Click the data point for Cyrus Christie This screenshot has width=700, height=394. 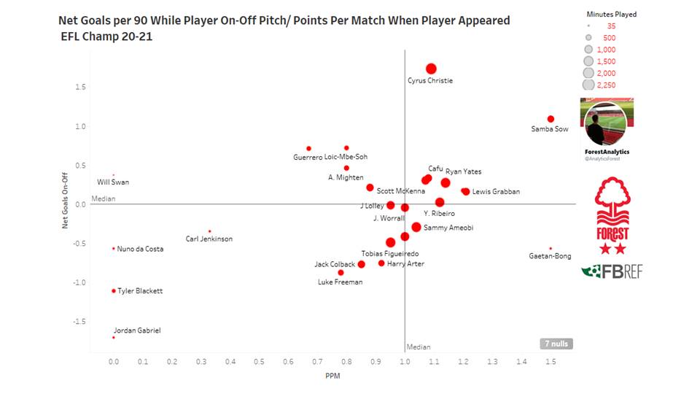click(431, 69)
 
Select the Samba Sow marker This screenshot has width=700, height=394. click(551, 119)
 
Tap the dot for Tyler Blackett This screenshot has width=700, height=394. click(114, 291)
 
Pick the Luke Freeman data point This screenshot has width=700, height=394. click(341, 273)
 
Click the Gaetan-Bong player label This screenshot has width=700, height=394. click(550, 256)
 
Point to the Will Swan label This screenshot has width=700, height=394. click(113, 182)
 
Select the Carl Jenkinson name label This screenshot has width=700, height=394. click(209, 239)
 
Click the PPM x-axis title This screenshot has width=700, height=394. click(332, 376)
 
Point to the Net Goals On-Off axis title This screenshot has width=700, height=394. click(65, 200)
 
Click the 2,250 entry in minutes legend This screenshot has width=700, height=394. click(605, 85)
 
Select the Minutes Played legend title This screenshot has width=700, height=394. click(611, 15)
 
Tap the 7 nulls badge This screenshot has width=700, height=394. click(556, 344)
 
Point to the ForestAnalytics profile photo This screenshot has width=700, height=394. click(604, 123)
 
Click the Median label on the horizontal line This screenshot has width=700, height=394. click(104, 198)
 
